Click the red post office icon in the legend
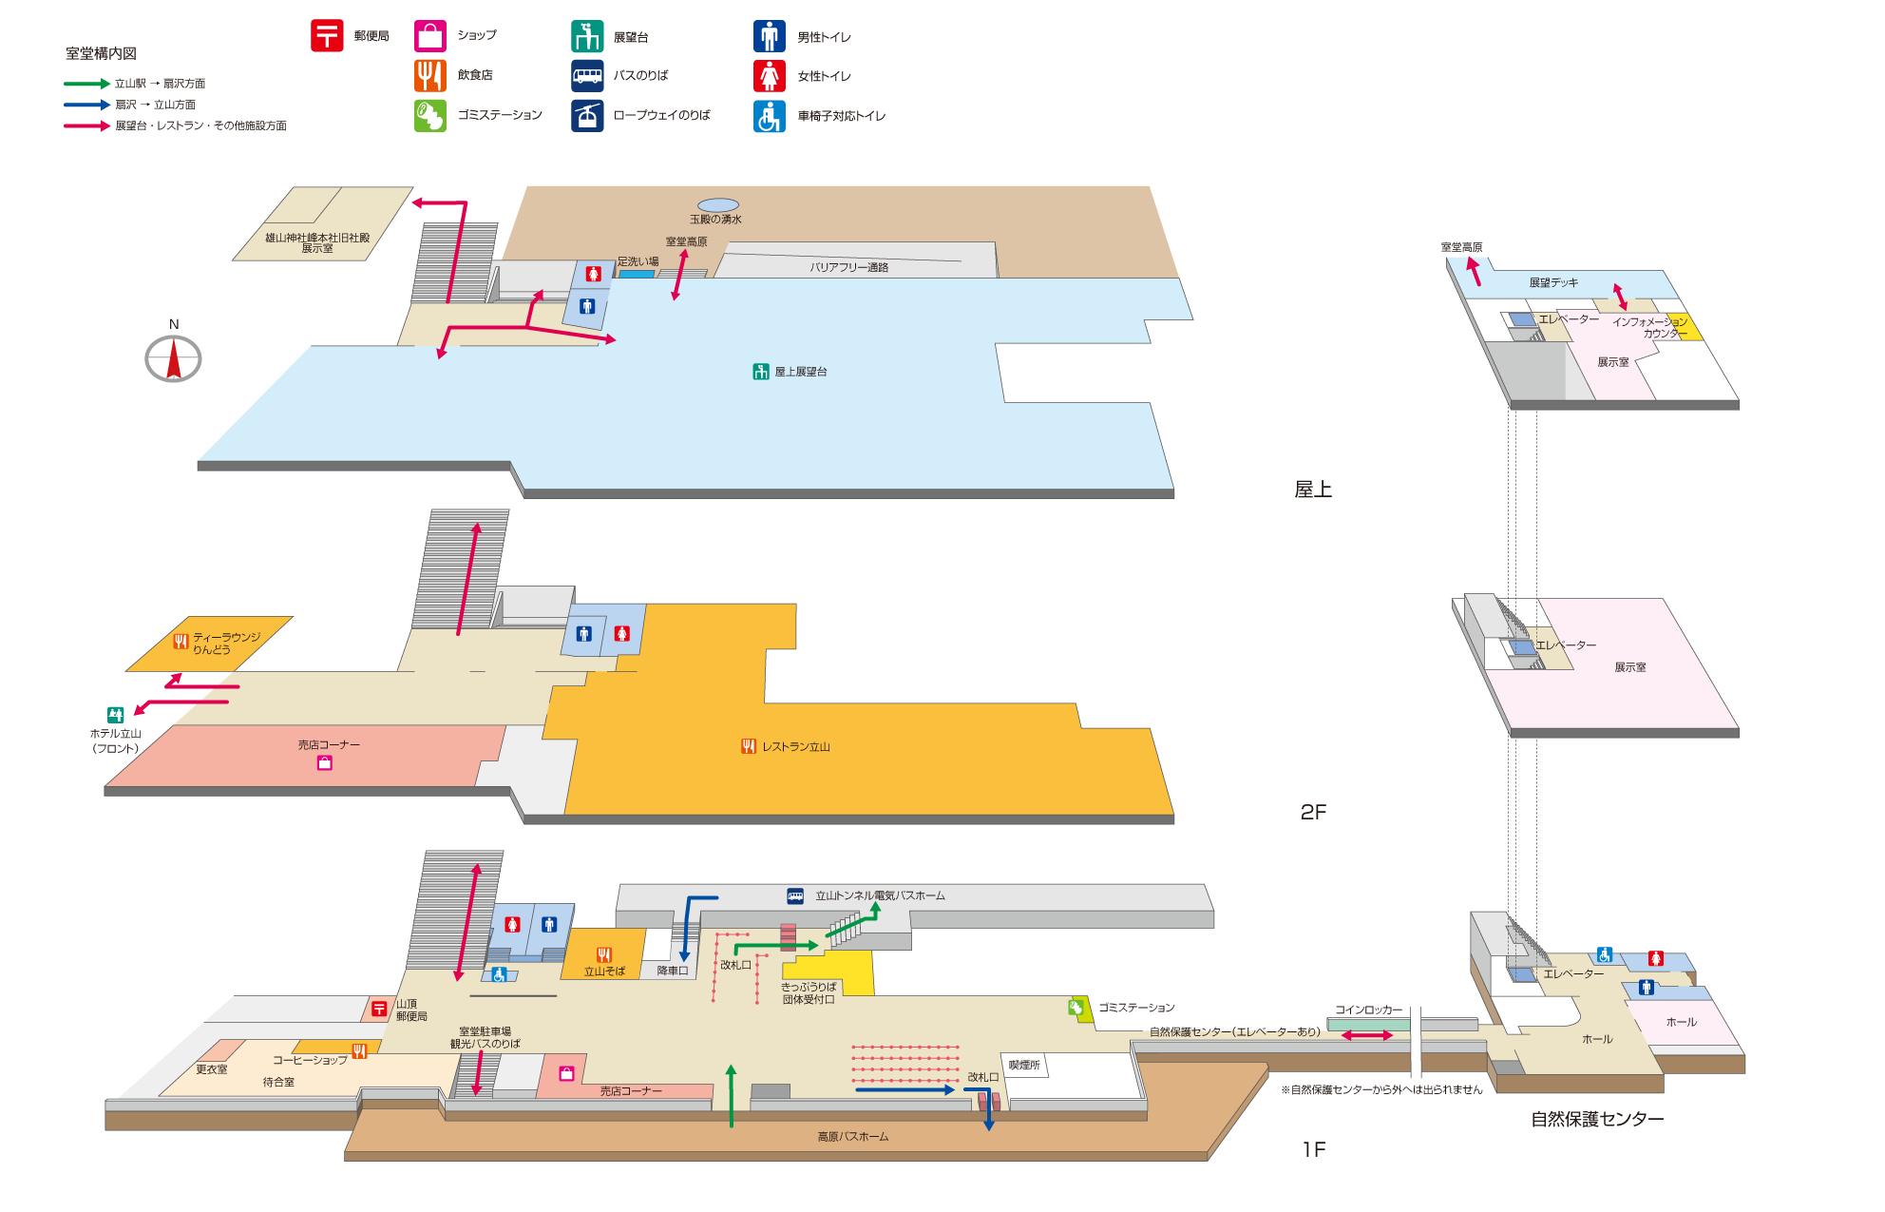[327, 36]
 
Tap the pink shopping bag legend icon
[429, 36]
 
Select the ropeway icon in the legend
[587, 116]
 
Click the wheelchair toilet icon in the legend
[770, 116]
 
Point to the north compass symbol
[173, 358]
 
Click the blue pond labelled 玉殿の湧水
[718, 205]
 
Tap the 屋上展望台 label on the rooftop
[800, 372]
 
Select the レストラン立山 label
[795, 747]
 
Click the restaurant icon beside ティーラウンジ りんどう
[181, 642]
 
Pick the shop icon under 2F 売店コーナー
[325, 762]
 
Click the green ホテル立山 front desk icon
[116, 715]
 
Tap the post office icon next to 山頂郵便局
[379, 1009]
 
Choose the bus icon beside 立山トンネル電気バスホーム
[795, 895]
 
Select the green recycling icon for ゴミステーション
[1076, 1008]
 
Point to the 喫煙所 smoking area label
[1024, 1065]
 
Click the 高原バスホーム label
[853, 1137]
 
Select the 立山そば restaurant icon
[604, 954]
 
